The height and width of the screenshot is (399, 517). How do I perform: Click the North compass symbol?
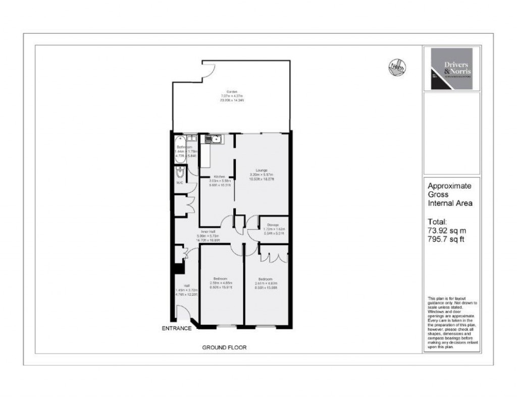click(x=397, y=68)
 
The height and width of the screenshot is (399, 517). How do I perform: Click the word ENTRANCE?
click(x=176, y=329)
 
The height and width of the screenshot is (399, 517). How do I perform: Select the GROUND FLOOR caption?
click(x=224, y=348)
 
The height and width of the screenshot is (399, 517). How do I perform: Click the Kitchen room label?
click(x=219, y=177)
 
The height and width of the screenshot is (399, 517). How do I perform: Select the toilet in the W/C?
click(x=180, y=174)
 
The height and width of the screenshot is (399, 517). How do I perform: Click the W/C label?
click(x=180, y=183)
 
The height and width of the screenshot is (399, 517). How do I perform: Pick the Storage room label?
click(x=273, y=224)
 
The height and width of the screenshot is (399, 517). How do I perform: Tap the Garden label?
click(x=232, y=91)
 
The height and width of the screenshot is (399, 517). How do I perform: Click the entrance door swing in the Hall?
click(x=184, y=318)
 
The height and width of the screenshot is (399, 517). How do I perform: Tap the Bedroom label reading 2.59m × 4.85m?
click(x=220, y=279)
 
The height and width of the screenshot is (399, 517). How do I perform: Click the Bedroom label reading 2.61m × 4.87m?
click(x=266, y=279)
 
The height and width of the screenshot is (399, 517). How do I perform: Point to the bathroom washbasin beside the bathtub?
click(x=192, y=138)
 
